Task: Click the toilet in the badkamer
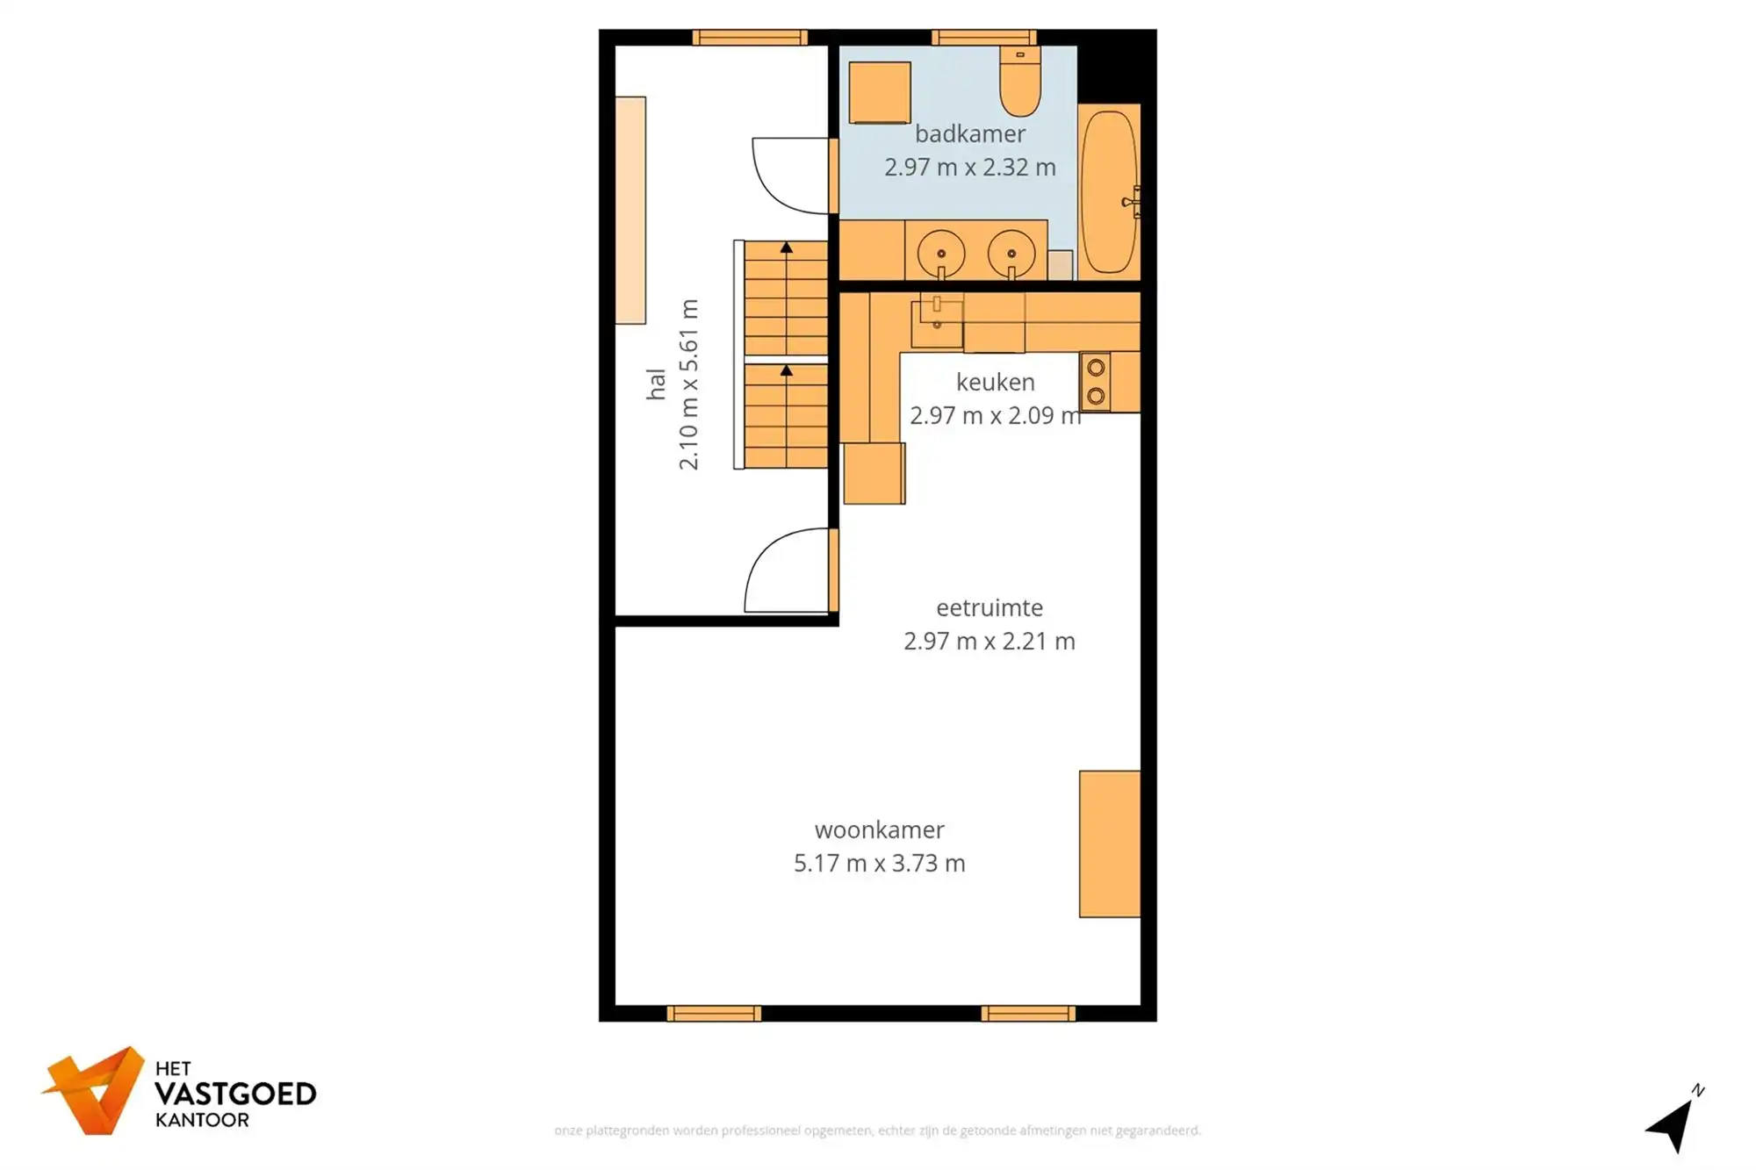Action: [x=1020, y=83]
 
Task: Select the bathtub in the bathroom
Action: [x=1108, y=191]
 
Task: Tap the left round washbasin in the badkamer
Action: [x=941, y=253]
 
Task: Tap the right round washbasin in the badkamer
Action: [x=1011, y=253]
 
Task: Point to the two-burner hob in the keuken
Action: [x=1096, y=382]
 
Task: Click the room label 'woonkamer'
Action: [x=879, y=829]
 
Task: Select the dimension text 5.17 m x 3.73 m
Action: [x=879, y=863]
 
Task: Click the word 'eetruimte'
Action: [x=989, y=607]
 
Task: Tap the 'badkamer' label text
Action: [x=969, y=134]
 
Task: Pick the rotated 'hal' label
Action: [x=656, y=384]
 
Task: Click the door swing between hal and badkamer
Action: [x=788, y=176]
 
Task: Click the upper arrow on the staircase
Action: [x=787, y=248]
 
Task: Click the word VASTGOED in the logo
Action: [x=234, y=1094]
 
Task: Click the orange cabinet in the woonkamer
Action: [x=1109, y=843]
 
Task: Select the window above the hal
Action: [x=749, y=37]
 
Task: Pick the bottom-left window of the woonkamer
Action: [x=714, y=1014]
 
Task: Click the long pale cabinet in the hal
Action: [x=630, y=211]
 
